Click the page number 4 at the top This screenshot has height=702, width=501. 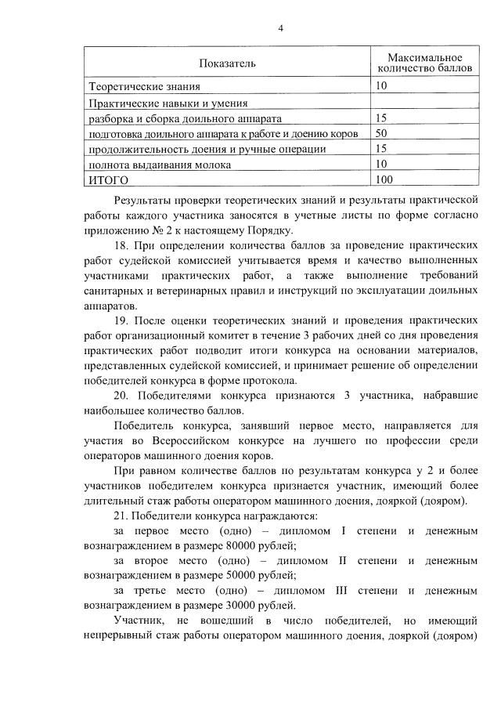280,29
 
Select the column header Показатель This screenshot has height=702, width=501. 226,62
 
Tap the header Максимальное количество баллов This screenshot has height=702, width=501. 424,63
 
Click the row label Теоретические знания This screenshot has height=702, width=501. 139,86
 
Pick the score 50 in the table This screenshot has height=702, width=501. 382,134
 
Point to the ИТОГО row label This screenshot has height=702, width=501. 106,180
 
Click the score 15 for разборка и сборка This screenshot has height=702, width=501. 382,118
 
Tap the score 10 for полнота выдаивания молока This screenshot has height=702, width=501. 382,165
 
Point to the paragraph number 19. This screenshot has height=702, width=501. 121,320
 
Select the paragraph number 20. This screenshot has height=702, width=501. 121,396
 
